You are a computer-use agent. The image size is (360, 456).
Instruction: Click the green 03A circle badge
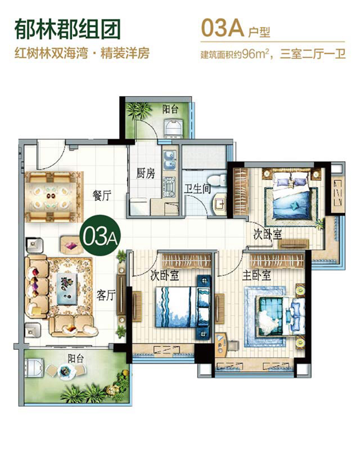(x=99, y=236)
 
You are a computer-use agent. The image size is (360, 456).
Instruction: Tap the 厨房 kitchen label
(x=145, y=174)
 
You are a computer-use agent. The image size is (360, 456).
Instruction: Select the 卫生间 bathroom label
(x=198, y=189)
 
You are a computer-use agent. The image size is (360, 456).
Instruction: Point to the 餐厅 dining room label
(x=102, y=195)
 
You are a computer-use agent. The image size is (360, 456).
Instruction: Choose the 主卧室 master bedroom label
(x=257, y=275)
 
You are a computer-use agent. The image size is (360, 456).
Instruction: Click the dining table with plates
(x=51, y=197)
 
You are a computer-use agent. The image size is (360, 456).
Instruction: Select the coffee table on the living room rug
(x=67, y=289)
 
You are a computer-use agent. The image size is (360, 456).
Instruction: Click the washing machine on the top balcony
(x=173, y=129)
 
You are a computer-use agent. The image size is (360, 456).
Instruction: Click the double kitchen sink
(x=170, y=160)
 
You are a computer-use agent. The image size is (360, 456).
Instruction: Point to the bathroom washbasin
(x=219, y=205)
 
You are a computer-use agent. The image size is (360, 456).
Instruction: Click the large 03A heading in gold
(x=222, y=28)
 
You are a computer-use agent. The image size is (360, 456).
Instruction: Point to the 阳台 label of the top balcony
(x=170, y=109)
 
